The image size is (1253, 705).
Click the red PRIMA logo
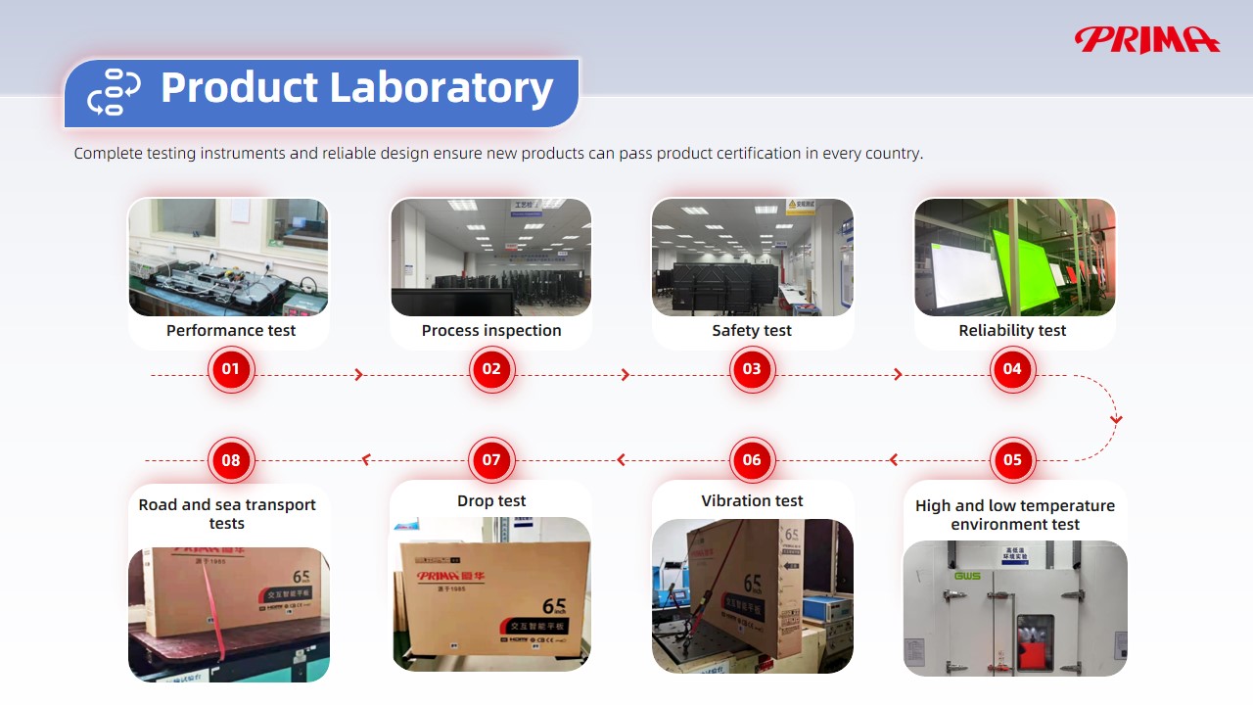1146,39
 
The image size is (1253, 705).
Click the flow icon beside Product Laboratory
114,92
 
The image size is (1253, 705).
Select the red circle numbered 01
230,369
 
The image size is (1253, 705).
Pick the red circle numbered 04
1012,369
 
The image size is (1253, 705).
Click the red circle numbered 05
1012,459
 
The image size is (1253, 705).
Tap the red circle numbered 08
230,459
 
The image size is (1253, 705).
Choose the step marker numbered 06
752,459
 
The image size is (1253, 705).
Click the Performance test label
231,330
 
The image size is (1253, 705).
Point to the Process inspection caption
491,330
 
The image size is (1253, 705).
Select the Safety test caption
752,330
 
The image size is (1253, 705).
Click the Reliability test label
1012,330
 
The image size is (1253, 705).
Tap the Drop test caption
491,500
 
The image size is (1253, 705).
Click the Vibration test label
752,500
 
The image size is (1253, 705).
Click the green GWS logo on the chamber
967,576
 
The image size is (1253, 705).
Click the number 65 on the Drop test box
554,606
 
